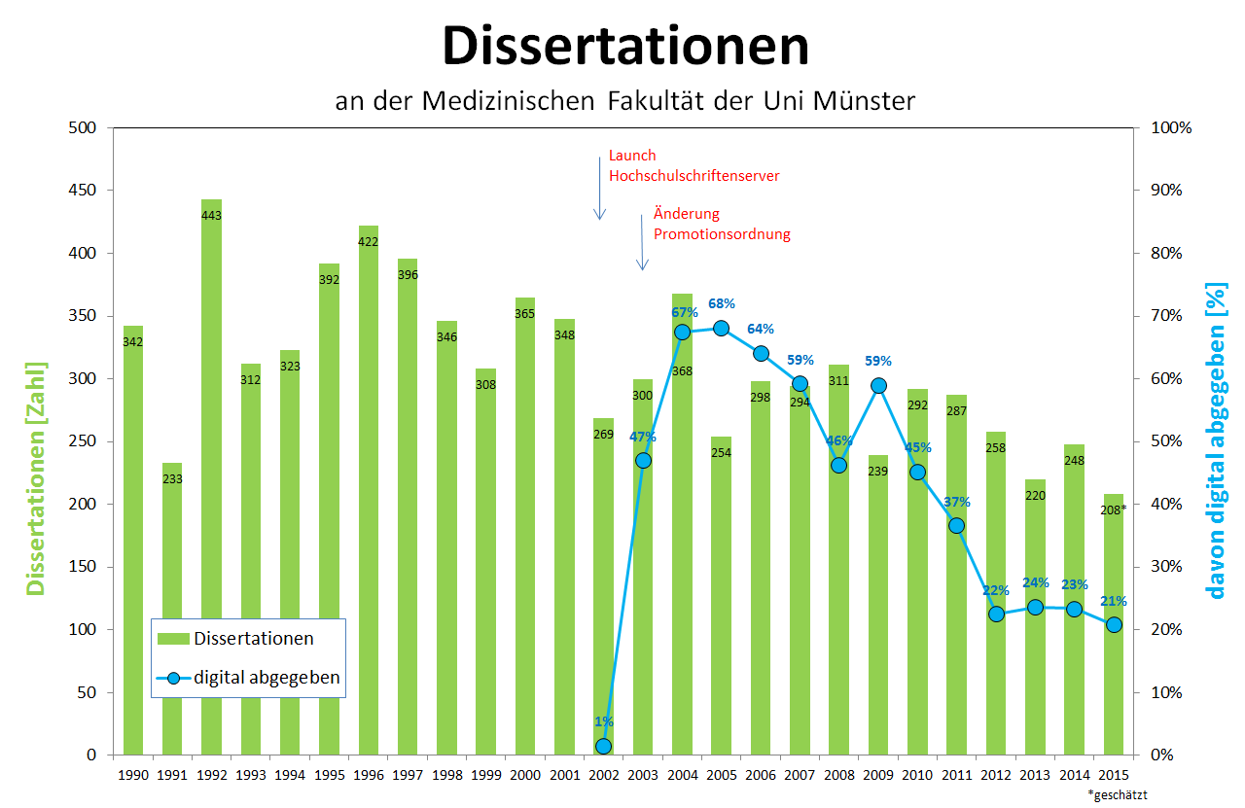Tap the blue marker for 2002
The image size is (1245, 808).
point(603,746)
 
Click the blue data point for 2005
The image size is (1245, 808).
point(721,328)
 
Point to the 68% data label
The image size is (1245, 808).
point(721,304)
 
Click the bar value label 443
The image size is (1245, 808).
point(212,215)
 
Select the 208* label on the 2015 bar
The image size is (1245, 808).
point(1114,509)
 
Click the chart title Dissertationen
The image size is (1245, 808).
point(625,46)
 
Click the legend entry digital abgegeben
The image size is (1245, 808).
point(267,678)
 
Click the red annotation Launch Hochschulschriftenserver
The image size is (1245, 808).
point(694,165)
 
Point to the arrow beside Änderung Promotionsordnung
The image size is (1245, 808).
point(641,241)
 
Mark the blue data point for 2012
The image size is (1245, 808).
point(996,614)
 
